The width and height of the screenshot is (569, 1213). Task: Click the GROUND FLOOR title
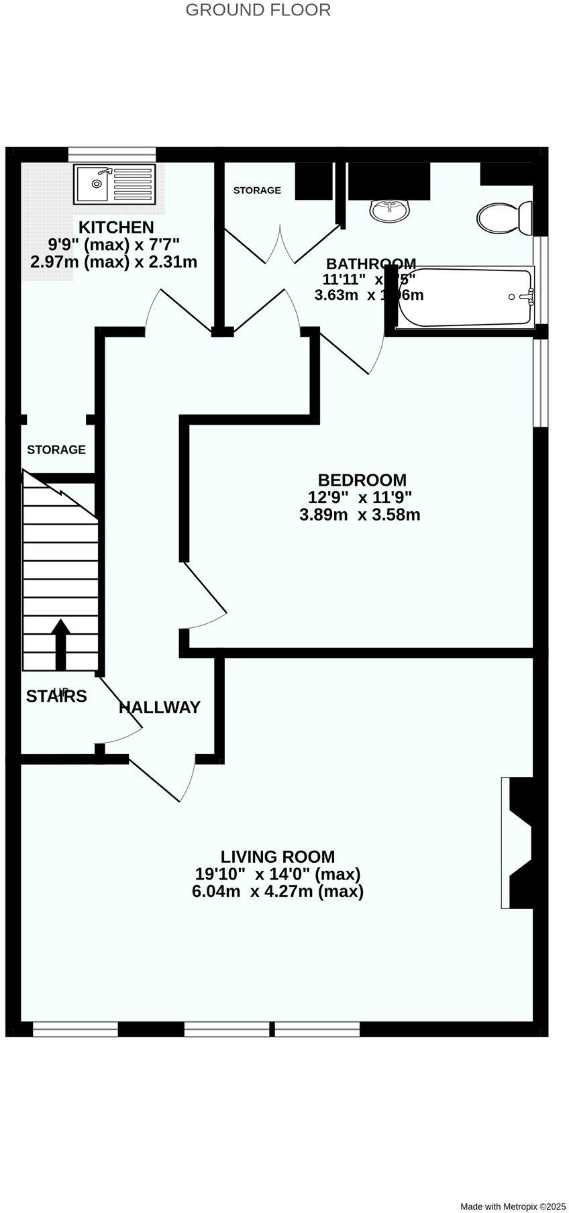(x=258, y=10)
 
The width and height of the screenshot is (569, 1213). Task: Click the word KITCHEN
(x=116, y=227)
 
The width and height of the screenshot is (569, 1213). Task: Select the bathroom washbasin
(x=389, y=210)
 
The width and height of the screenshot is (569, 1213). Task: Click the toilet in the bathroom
(x=503, y=217)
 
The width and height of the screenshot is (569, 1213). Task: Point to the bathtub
(x=465, y=297)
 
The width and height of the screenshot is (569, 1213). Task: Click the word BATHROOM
(x=370, y=264)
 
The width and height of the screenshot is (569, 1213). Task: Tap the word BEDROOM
(x=362, y=480)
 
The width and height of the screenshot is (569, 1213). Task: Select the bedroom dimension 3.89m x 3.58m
(x=360, y=515)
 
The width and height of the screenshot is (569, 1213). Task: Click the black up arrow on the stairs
(x=60, y=643)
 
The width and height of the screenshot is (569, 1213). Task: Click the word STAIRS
(x=56, y=696)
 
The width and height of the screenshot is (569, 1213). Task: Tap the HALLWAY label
(x=160, y=707)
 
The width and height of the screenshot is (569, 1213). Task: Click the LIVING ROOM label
(x=278, y=856)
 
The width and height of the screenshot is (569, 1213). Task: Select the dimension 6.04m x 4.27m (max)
(x=278, y=892)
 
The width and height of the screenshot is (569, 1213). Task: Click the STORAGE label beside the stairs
(x=56, y=450)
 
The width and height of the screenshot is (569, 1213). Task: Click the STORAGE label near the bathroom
(x=257, y=191)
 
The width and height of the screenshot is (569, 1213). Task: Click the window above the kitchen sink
(x=112, y=154)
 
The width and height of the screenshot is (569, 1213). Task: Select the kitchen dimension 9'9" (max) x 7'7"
(x=113, y=244)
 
